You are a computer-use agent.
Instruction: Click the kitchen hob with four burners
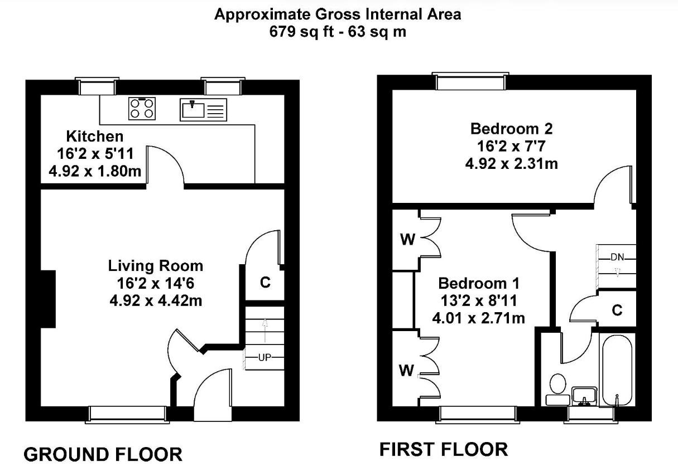pos(142,109)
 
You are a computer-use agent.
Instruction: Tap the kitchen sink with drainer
pos(203,109)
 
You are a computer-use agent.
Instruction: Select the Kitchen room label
pos(95,137)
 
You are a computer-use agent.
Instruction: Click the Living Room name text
pos(156,266)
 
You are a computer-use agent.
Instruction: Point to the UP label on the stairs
pos(265,358)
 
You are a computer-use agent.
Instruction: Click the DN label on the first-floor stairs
pos(617,258)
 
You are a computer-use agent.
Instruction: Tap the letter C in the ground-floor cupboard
pos(265,283)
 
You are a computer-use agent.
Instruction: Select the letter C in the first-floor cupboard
pos(617,310)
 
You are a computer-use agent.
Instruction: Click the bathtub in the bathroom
pos(617,370)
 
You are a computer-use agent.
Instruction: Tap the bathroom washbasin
pos(584,396)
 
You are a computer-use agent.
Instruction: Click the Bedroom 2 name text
pos(512,129)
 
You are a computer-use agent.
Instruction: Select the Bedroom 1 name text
pos(479,283)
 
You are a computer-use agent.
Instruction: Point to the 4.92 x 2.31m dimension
pos(512,164)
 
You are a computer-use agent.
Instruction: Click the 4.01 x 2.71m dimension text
pos(479,318)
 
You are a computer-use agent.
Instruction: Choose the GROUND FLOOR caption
pos(103,454)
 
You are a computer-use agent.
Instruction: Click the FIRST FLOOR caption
pos(444,449)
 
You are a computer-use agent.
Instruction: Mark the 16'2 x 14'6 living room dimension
pos(156,284)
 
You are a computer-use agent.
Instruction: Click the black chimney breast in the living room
pos(48,299)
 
